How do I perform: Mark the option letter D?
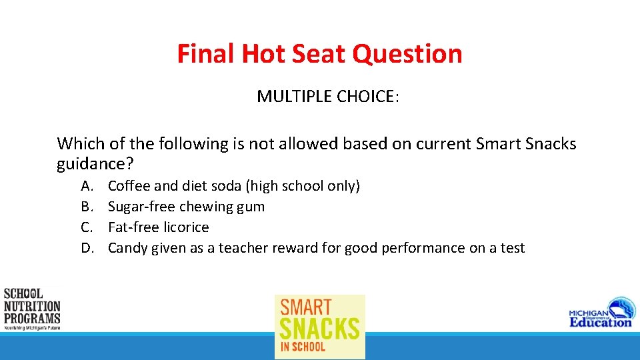pyautogui.click(x=87, y=248)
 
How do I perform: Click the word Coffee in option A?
pyautogui.click(x=129, y=186)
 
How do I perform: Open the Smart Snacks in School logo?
pyautogui.click(x=320, y=327)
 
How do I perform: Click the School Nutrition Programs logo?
pyautogui.click(x=32, y=309)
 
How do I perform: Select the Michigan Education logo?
pyautogui.click(x=601, y=313)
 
